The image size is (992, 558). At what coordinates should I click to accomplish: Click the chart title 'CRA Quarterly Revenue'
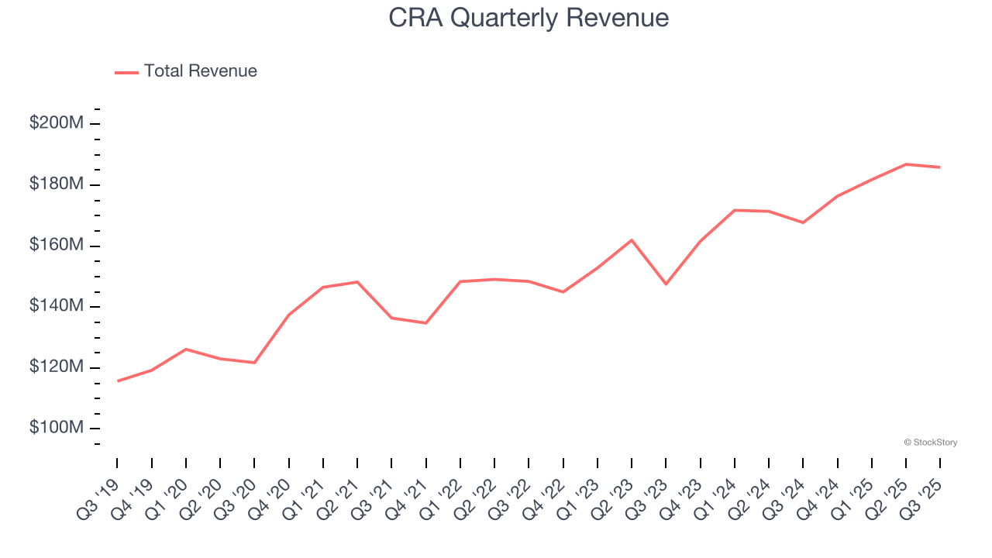click(529, 17)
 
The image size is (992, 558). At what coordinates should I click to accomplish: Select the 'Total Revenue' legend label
click(200, 71)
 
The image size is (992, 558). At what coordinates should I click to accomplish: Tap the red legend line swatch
click(126, 72)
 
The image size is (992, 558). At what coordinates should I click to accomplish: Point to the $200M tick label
click(56, 123)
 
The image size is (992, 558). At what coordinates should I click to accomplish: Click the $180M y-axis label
click(56, 184)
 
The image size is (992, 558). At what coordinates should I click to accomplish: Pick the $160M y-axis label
click(56, 245)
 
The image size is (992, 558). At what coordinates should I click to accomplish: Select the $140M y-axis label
click(56, 306)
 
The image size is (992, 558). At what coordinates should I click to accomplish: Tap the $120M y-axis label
click(56, 367)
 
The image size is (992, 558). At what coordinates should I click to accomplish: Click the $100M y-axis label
click(56, 428)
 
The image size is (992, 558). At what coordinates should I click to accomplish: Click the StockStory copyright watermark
click(930, 443)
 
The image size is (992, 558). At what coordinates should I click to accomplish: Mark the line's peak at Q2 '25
click(906, 164)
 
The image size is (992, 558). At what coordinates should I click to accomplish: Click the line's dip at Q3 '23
click(666, 284)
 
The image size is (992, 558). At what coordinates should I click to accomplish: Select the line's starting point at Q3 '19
click(118, 381)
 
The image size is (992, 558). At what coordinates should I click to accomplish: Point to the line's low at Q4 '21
click(425, 322)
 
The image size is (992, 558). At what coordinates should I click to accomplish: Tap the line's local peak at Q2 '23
click(632, 240)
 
